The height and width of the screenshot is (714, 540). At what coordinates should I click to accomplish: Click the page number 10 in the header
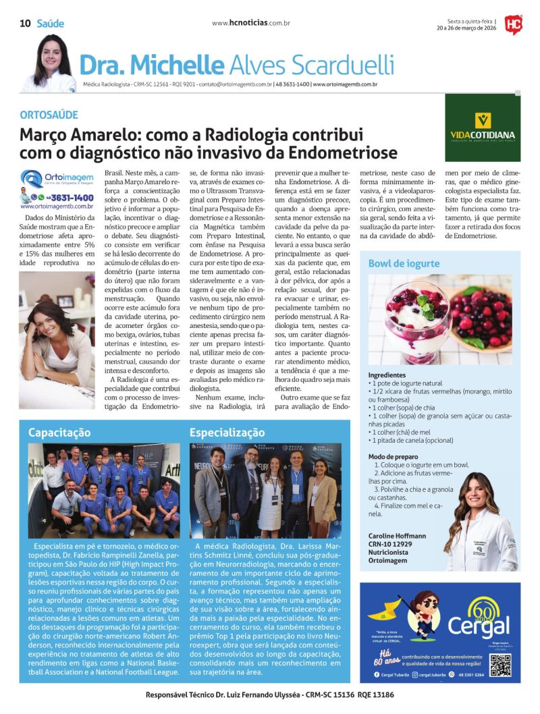[x=24, y=24]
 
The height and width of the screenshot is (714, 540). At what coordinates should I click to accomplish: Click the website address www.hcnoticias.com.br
[x=250, y=23]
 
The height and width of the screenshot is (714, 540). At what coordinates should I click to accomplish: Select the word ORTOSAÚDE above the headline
[x=49, y=115]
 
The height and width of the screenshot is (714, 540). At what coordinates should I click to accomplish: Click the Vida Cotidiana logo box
[x=482, y=118]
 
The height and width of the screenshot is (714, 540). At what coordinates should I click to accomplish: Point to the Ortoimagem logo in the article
[x=57, y=180]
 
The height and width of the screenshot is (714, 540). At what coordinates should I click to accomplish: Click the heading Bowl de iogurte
[x=404, y=263]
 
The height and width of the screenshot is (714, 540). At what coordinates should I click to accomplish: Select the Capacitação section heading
[x=59, y=433]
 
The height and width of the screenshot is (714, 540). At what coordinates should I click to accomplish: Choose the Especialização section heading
[x=227, y=433]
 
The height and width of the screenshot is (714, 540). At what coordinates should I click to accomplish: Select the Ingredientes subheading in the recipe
[x=387, y=375]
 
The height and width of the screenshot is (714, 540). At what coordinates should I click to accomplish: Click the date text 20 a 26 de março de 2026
[x=466, y=28]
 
